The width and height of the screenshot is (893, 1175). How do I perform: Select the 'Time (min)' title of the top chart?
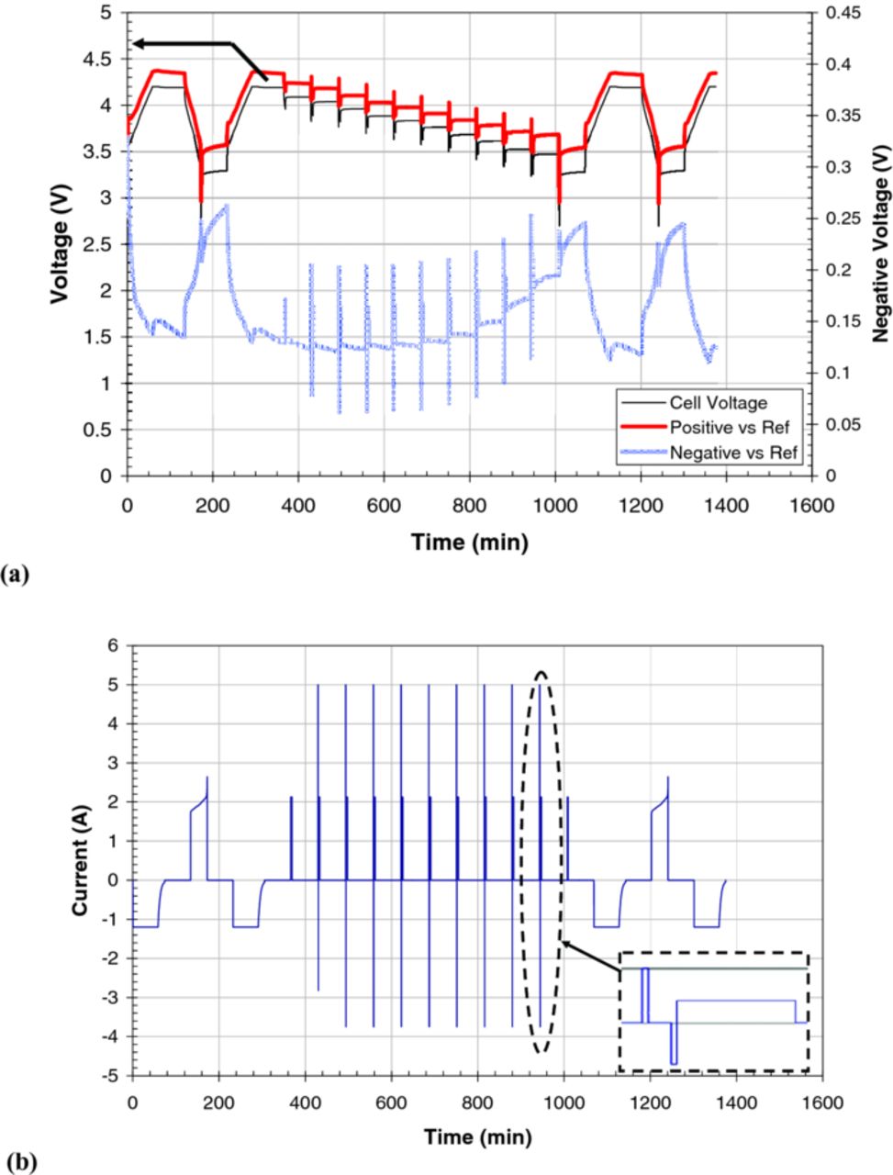(x=470, y=543)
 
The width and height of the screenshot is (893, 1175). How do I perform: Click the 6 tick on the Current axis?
(x=114, y=645)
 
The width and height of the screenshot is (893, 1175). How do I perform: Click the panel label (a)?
(x=17, y=576)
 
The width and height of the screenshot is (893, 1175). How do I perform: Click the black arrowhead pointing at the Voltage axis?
(x=139, y=43)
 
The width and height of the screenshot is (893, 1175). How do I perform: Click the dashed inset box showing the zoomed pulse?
(x=713, y=1012)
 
